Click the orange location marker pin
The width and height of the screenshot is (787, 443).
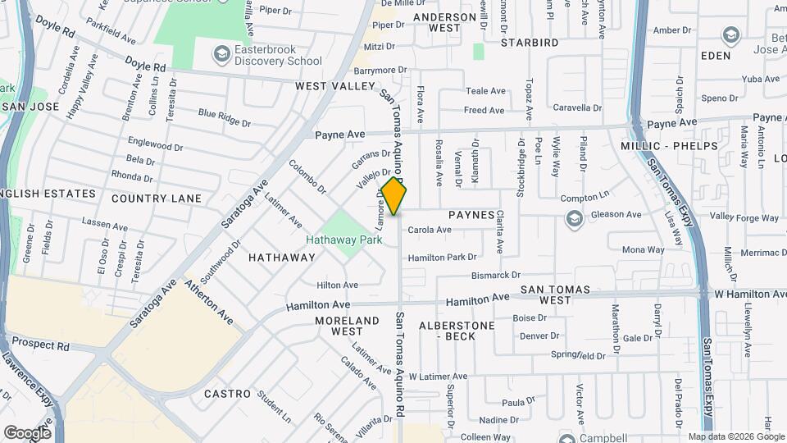394,196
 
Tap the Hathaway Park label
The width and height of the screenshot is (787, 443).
344,240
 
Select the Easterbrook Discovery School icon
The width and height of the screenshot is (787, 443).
221,55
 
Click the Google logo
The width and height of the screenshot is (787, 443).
27,432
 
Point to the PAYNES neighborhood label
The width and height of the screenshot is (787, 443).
471,215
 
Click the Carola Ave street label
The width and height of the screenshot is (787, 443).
430,231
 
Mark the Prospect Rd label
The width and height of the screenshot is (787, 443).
39,345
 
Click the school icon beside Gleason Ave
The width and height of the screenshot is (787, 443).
574,217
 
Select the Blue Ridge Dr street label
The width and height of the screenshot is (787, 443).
224,118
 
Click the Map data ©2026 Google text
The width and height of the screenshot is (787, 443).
735,437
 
